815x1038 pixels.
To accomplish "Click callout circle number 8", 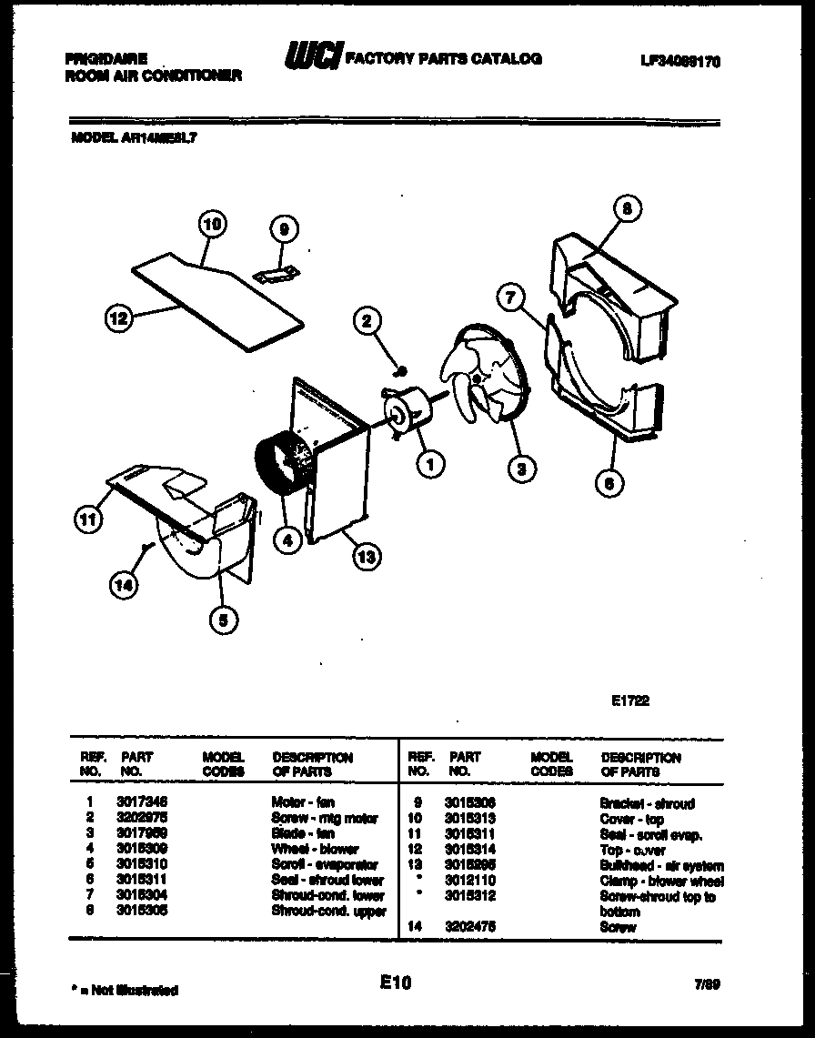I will coord(626,209).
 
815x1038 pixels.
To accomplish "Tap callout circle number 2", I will coord(367,319).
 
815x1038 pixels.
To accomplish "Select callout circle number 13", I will coord(365,559).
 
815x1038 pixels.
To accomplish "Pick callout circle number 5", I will coord(223,620).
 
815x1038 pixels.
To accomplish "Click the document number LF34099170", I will coord(680,61).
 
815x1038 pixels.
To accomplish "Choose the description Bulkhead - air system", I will coord(661,865).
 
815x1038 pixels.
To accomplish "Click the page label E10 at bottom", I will coord(397,983).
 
